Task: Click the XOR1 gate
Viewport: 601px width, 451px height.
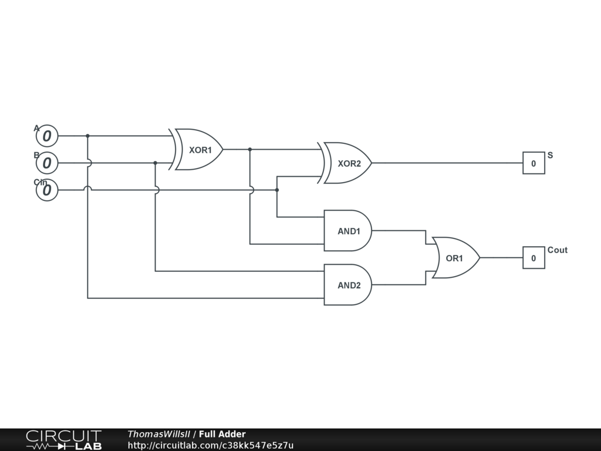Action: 198,150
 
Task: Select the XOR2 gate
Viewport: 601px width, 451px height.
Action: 347,163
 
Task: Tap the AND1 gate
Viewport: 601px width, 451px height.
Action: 347,231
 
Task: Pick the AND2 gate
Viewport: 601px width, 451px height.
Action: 347,285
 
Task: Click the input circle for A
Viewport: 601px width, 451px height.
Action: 47,136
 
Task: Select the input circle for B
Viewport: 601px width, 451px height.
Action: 47,163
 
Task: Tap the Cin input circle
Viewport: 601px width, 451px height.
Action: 47,190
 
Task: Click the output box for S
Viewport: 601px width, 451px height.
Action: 534,163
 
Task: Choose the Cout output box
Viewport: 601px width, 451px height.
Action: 534,258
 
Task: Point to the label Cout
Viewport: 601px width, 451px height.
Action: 557,250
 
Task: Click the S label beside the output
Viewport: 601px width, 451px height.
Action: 550,156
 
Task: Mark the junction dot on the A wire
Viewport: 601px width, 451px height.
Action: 87,136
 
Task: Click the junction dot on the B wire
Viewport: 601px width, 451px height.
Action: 155,163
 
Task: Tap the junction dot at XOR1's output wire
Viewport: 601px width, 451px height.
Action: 250,150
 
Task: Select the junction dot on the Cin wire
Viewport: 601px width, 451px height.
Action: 277,190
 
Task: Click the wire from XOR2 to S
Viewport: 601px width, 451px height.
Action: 446,163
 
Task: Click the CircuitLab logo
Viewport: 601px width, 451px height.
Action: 63,439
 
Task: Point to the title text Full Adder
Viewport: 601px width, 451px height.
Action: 222,435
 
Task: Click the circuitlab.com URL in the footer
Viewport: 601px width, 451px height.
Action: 210,446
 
